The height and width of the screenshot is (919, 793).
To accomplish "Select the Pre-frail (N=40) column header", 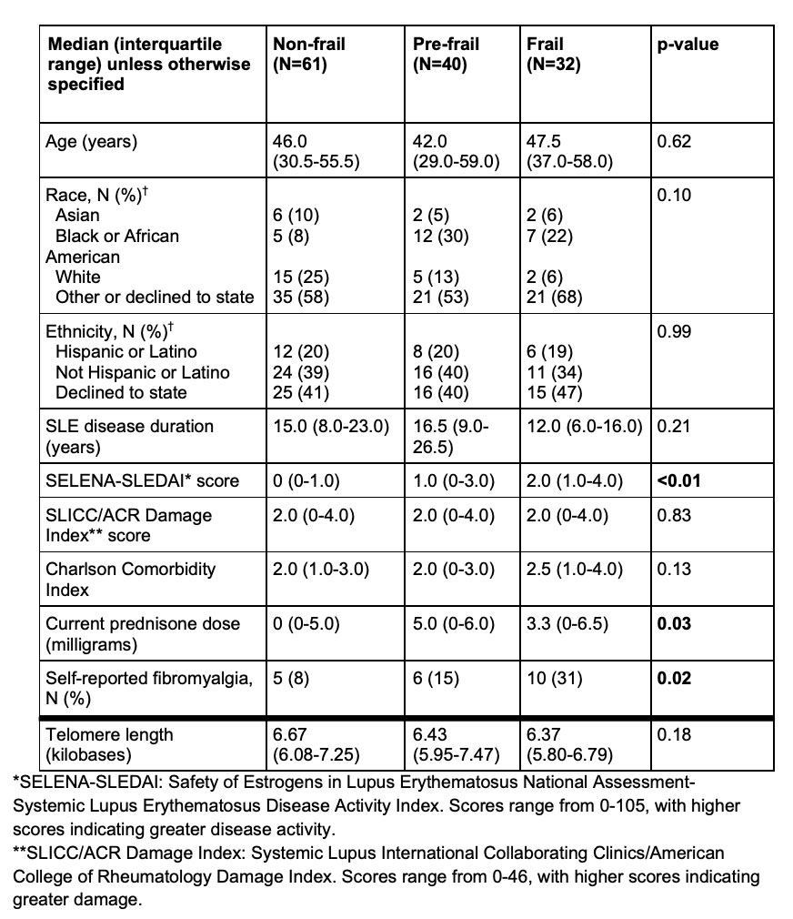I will click(x=446, y=55).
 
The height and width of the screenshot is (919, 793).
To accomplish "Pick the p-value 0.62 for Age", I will click(x=673, y=142).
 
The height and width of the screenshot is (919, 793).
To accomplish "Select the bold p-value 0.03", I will click(x=674, y=623).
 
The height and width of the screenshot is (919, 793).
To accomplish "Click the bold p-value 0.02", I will click(x=674, y=678).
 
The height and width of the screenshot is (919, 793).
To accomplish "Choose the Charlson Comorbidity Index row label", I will click(x=131, y=580).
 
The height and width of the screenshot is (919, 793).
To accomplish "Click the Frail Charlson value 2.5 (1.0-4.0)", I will click(x=575, y=570).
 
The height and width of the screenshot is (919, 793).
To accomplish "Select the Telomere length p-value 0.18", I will click(x=673, y=734).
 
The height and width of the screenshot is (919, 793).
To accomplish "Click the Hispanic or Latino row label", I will click(x=125, y=351).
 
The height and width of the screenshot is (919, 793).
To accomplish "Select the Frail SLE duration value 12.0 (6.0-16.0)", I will click(x=585, y=426).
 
